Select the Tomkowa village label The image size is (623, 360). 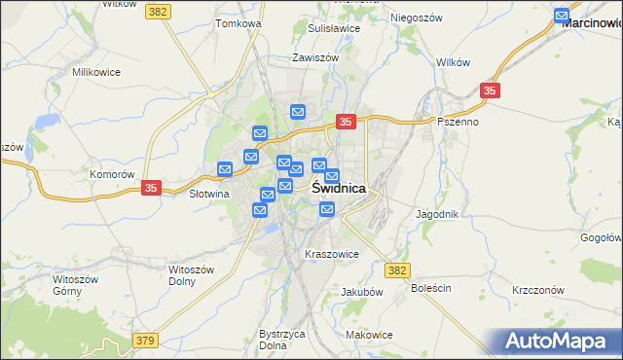pos(238,22)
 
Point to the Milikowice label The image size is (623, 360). pos(95,72)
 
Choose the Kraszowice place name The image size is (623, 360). pos(332,255)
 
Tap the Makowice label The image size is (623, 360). pos(369,335)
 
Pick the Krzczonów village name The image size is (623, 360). pos(538,290)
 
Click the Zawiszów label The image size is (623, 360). pos(314,58)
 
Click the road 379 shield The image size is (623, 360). pos(145,341)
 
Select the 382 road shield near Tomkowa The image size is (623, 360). pos(158,10)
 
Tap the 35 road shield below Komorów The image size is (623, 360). pos(151,188)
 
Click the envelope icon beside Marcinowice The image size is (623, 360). pos(562,16)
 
